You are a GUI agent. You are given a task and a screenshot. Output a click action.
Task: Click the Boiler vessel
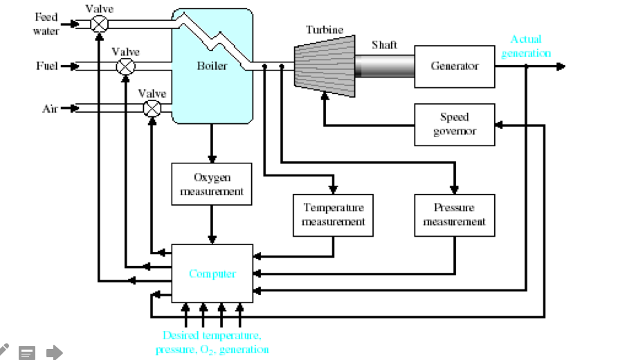pos(212,66)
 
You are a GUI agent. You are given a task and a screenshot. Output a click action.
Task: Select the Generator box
pos(455,66)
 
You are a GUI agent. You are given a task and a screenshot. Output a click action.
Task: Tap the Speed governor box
pos(455,125)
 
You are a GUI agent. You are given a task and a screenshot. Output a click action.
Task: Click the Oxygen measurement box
pos(212,184)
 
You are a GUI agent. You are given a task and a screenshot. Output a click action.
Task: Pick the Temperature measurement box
pos(334,215)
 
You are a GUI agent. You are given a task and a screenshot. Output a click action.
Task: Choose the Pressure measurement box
pos(455,215)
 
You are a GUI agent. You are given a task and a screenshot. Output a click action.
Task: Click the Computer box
pos(212,273)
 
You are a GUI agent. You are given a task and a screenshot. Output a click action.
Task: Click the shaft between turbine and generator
pos(384,66)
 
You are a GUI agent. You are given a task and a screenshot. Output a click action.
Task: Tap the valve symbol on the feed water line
pos(100,24)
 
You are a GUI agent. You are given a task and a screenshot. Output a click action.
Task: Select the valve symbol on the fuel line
pos(126,66)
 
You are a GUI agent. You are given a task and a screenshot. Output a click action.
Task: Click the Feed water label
pos(47,24)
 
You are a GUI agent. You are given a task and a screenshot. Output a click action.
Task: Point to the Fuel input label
pos(46,66)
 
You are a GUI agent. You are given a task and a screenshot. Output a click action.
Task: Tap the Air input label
pos(50,109)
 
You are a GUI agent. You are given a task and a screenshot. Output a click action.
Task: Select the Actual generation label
pos(526,46)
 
